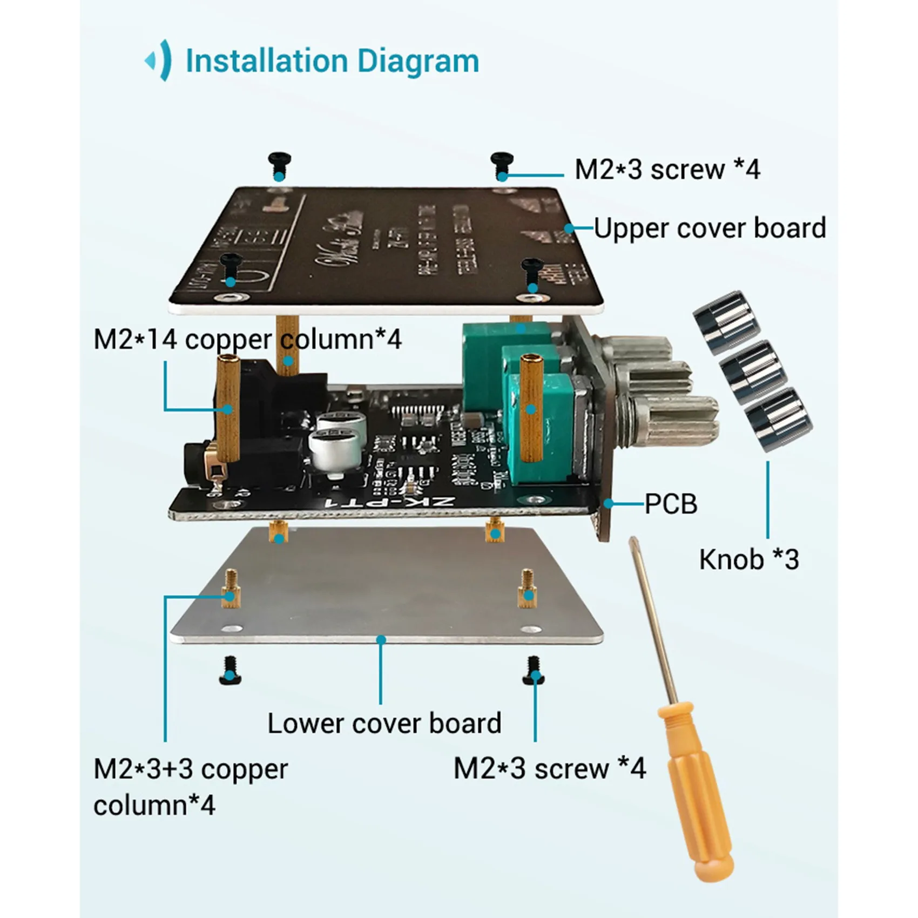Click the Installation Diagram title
pos(332,60)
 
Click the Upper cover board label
pos(710,228)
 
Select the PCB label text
pos(671,504)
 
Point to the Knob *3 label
pos(749,559)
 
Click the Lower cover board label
pos(384,723)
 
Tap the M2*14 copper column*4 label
pos(247,340)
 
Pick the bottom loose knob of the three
pos(778,418)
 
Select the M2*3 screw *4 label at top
pos(667,170)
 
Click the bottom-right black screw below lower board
pos(534,670)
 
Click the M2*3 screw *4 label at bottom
pos(549,768)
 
